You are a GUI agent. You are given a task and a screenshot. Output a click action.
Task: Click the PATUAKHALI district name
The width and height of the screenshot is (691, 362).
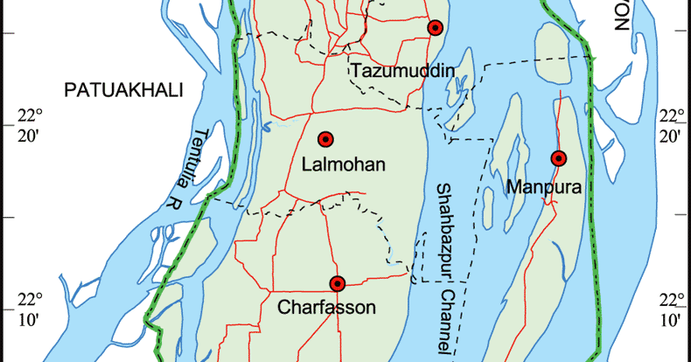122,89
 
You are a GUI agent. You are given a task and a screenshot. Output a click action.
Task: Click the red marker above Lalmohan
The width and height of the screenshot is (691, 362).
326,139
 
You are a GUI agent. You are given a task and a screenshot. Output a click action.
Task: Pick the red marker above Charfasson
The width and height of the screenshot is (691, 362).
338,282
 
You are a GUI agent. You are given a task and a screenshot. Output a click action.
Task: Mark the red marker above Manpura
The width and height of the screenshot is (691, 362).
558,158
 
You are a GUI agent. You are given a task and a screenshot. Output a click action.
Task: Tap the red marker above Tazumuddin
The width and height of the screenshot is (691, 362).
435,28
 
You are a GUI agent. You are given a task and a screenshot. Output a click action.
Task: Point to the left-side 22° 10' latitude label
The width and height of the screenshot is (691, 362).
31,309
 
